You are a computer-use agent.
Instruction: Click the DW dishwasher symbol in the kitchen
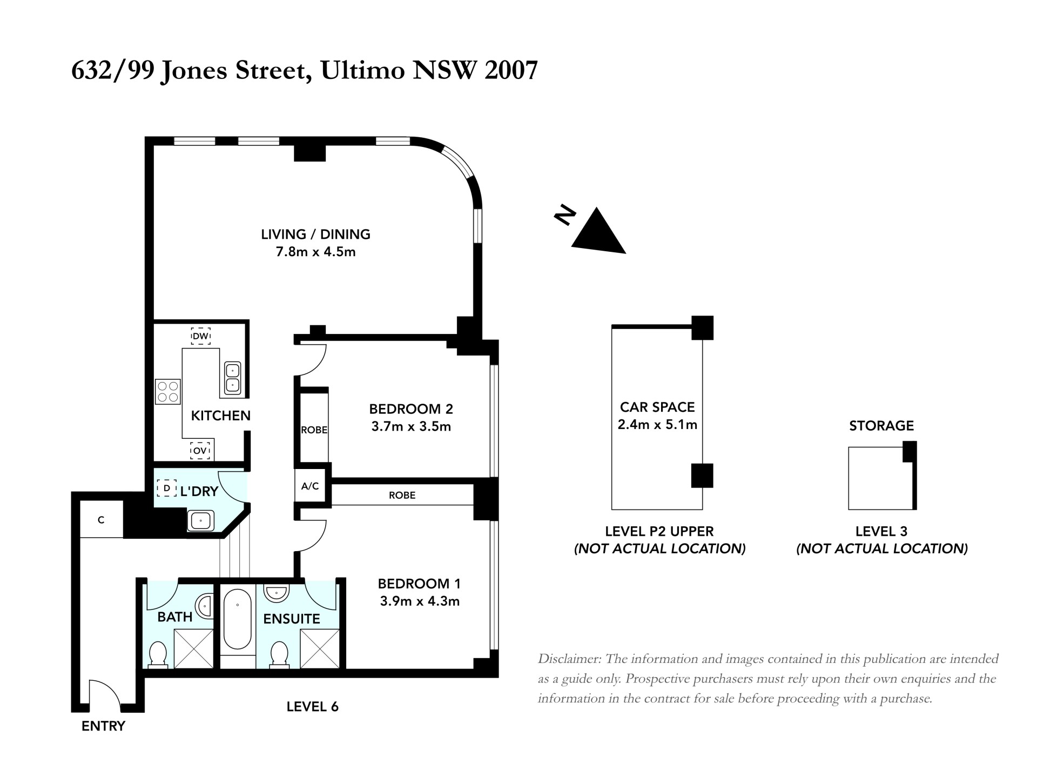(200, 336)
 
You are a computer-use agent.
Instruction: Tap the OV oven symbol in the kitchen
(200, 451)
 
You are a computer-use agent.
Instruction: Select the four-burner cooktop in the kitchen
(168, 392)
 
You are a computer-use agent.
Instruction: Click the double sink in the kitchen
(232, 378)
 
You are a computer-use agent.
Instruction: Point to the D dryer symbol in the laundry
(167, 488)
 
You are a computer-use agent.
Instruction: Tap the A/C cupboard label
(310, 486)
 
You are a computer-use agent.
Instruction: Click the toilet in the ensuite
(279, 654)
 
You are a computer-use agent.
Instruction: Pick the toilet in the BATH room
(157, 654)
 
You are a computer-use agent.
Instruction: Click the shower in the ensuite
(319, 648)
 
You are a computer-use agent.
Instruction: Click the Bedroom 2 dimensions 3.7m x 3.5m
(411, 427)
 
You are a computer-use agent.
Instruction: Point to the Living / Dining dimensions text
(316, 252)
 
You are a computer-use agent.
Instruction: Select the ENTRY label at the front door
(103, 726)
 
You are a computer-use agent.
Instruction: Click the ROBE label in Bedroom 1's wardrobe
(402, 495)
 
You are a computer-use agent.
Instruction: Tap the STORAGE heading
(881, 426)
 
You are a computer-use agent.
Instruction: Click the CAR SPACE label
(657, 407)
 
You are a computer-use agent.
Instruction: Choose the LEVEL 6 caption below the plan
(312, 707)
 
